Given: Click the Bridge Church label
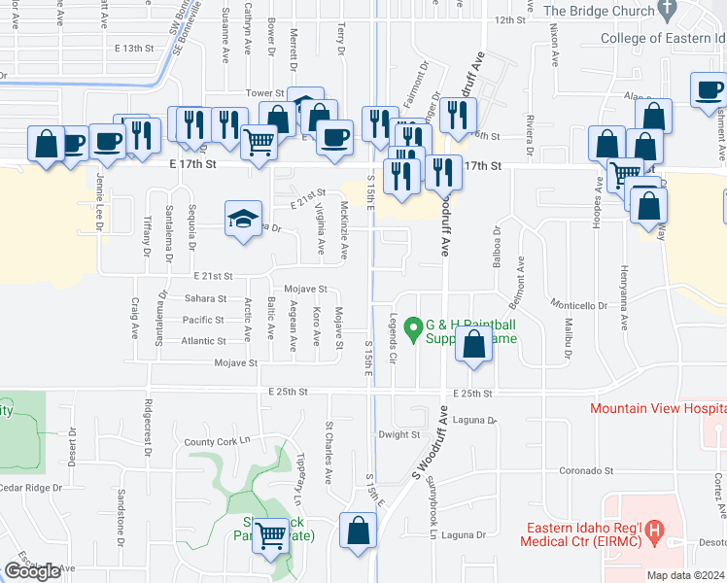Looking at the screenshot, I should (597, 11).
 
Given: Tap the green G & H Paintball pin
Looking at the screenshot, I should (412, 330).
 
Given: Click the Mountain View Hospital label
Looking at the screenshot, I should (657, 408).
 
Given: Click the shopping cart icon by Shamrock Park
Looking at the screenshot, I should (269, 535).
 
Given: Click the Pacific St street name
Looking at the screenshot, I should (203, 320).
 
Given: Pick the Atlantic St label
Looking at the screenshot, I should (203, 341).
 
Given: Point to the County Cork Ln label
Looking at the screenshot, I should (217, 442).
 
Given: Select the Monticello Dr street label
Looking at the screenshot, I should (577, 305).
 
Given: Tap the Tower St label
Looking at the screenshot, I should (263, 93).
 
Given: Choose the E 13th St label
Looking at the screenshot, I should (134, 48).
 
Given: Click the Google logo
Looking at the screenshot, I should (32, 571).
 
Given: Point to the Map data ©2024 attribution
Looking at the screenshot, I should (685, 575).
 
